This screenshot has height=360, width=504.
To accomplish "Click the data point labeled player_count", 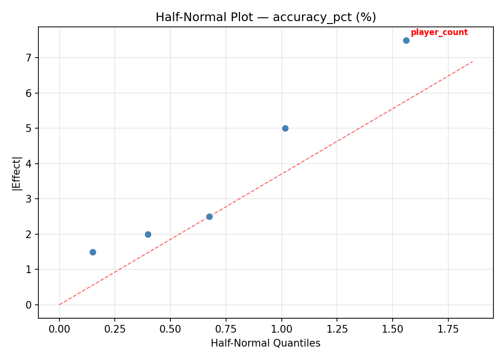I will [x=406, y=40].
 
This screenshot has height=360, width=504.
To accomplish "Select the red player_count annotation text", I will [x=439, y=33].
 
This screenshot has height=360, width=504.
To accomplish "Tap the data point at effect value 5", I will [x=285, y=128].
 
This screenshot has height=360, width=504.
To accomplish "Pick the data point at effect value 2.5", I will [x=209, y=216].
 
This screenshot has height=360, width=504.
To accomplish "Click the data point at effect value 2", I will [x=148, y=234].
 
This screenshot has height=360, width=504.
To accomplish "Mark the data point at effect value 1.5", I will [x=93, y=252].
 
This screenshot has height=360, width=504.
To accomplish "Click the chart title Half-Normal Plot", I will [x=265, y=17].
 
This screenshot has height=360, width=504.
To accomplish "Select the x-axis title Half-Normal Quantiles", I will [x=265, y=343].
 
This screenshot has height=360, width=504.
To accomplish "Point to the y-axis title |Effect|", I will [x=17, y=173].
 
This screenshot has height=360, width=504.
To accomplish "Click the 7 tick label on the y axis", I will [x=29, y=58].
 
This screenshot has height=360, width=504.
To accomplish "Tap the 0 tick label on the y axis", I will [x=29, y=305].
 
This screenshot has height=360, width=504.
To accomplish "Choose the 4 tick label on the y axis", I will [x=29, y=164].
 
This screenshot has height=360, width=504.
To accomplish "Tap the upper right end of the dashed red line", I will [x=473, y=61].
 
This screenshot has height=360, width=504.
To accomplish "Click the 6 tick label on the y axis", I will [x=29, y=93].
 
